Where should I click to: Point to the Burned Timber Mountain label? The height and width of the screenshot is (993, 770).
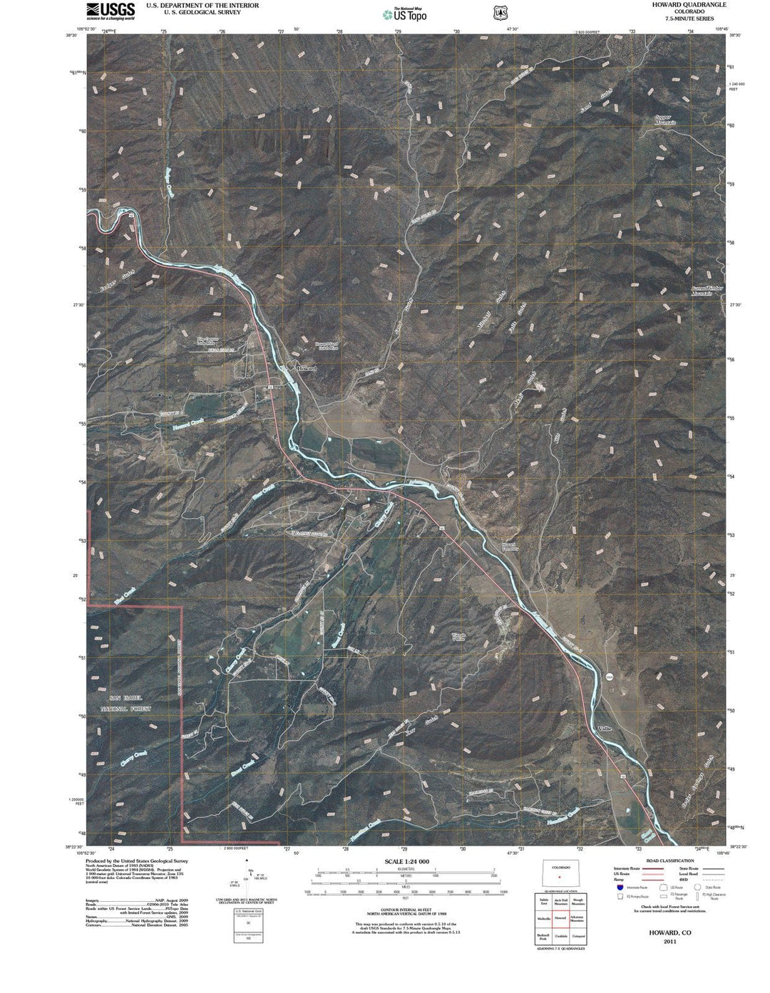click(x=707, y=291)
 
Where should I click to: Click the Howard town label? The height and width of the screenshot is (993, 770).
click(x=305, y=368)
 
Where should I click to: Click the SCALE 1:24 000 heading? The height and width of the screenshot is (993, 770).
click(x=406, y=861)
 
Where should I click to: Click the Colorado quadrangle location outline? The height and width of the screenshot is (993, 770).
click(x=560, y=874)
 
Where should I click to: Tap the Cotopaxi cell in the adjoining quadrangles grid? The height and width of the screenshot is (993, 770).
click(x=577, y=935)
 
